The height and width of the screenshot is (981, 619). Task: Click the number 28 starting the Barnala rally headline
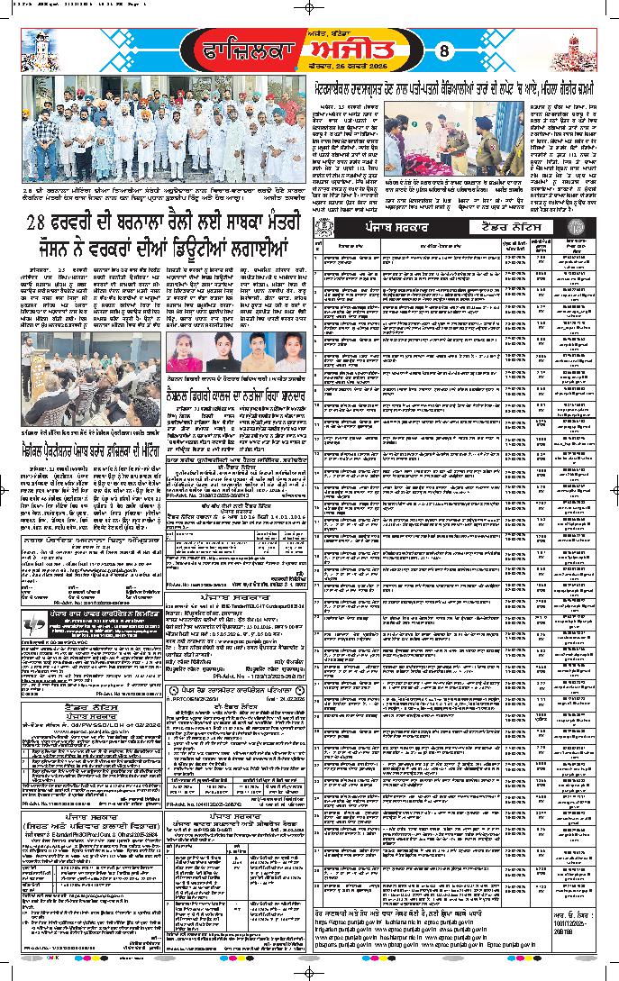[39, 223]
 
